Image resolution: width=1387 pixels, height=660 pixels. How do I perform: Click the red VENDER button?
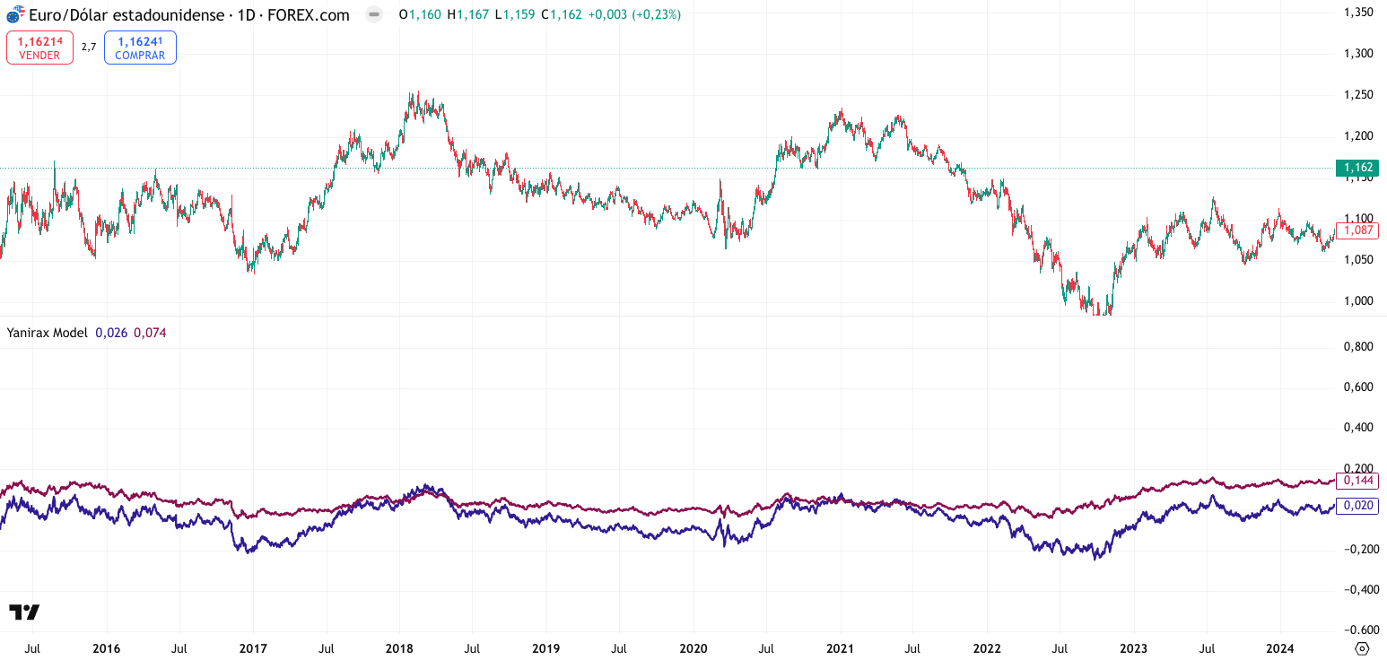[39, 47]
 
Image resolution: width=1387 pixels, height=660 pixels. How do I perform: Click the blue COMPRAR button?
[140, 47]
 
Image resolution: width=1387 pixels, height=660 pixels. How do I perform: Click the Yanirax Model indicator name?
[47, 333]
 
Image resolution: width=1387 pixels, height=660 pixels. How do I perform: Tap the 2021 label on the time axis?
[840, 647]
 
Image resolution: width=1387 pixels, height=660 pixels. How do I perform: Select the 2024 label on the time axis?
[1280, 647]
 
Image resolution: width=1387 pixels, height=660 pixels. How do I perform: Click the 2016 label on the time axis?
[106, 647]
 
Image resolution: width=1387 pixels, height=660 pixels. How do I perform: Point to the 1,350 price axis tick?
[1360, 12]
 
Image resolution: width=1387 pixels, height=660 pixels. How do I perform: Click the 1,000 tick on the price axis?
[1360, 300]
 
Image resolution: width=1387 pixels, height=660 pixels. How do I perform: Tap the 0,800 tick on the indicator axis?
[1360, 346]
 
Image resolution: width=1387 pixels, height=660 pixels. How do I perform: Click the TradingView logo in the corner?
[24, 612]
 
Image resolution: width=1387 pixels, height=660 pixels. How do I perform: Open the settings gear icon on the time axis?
[1362, 648]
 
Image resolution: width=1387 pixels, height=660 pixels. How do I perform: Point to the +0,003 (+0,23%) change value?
[634, 14]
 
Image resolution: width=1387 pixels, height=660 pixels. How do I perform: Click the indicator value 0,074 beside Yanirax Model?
[150, 333]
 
